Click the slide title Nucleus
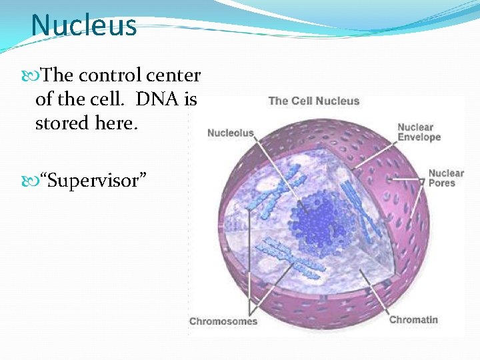tap(83, 26)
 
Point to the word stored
tap(61, 123)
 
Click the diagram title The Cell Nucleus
tap(313, 101)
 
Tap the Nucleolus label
tap(230, 133)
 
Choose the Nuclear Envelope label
tap(419, 132)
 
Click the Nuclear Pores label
tap(445, 178)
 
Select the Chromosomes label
tap(223, 321)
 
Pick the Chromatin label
tap(413, 319)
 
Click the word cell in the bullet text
tap(112, 99)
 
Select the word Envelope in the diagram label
tap(419, 137)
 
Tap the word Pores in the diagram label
tap(441, 183)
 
